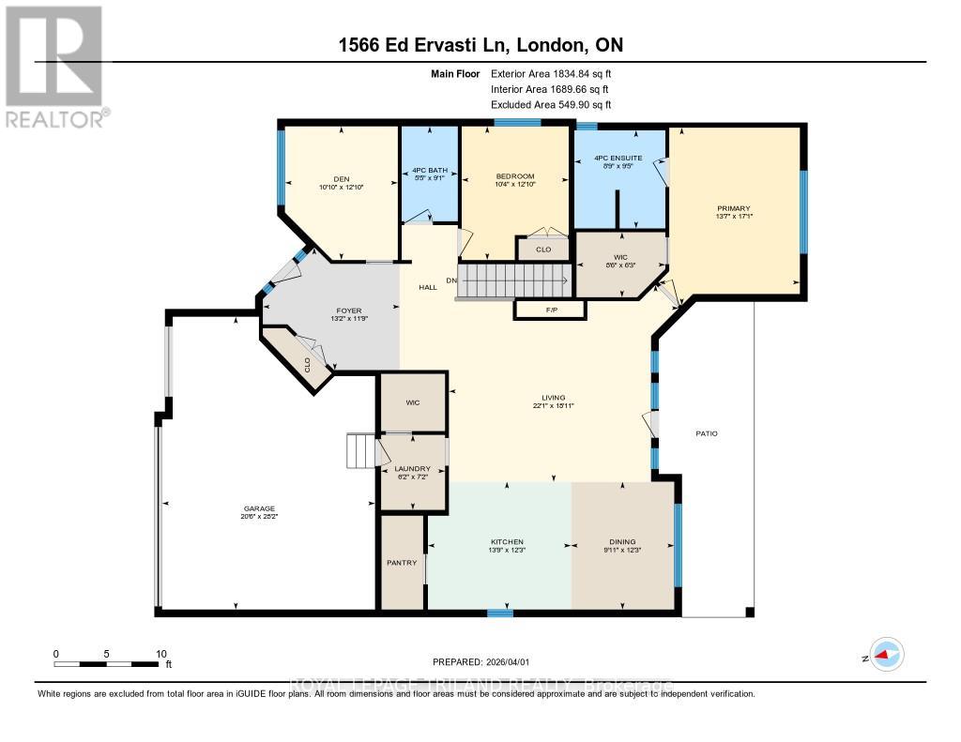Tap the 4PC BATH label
tap(430, 171)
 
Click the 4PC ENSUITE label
tap(619, 158)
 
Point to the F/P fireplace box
tap(550, 309)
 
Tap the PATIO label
tap(706, 433)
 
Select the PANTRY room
tap(401, 563)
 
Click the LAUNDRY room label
tap(412, 468)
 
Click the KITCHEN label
tap(507, 541)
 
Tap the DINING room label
tap(622, 541)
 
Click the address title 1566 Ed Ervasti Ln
tap(422, 45)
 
